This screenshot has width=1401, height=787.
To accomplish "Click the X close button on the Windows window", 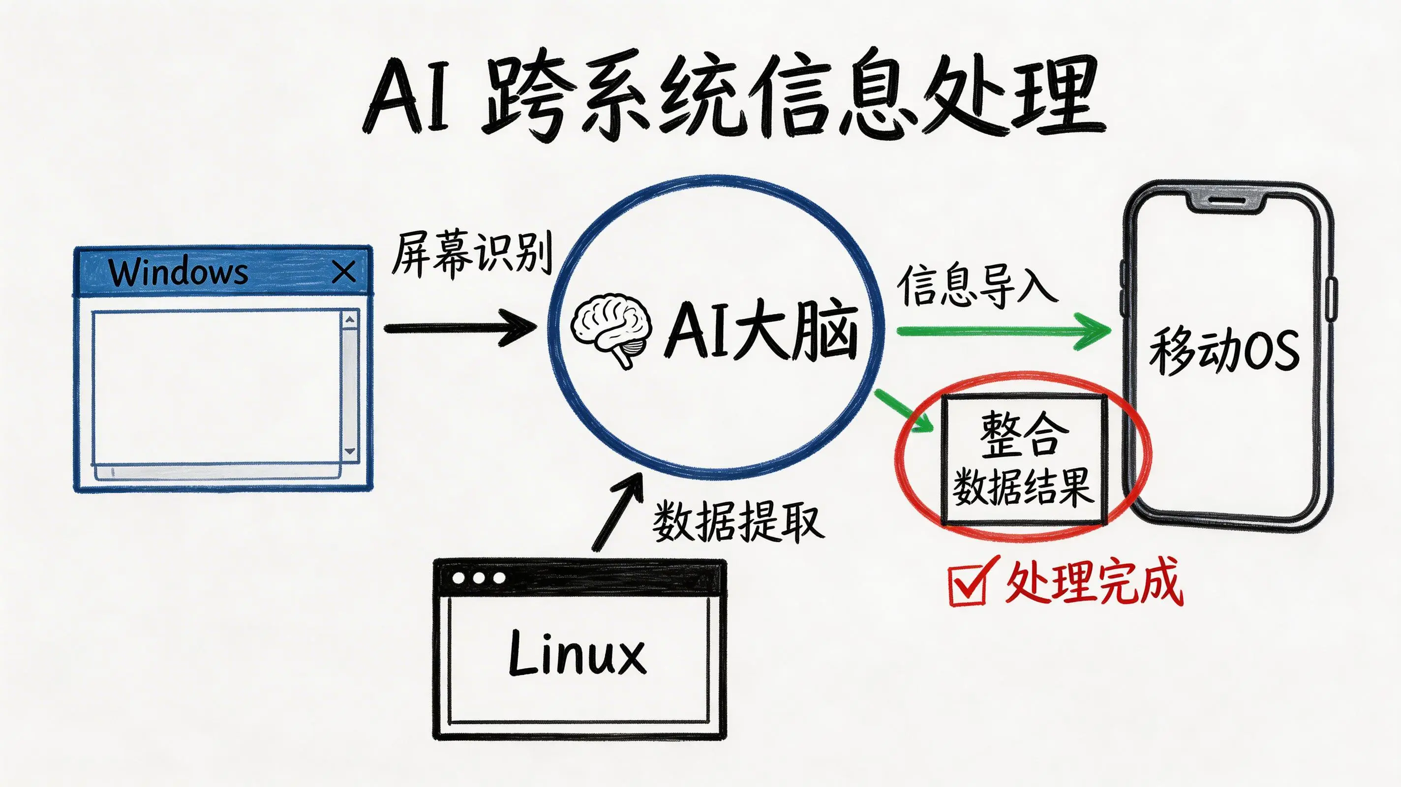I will pyautogui.click(x=344, y=272).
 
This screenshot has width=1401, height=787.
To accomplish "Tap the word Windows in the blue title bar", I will pyautogui.click(x=179, y=272).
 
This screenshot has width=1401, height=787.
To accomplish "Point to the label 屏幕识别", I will pyautogui.click(x=472, y=253).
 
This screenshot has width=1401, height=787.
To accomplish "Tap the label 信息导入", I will pyautogui.click(x=977, y=286).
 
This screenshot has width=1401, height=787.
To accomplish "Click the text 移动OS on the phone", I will pyautogui.click(x=1224, y=351).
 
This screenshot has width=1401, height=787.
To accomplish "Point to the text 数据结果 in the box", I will pyautogui.click(x=1023, y=487).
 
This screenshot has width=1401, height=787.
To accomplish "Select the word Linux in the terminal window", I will pyautogui.click(x=578, y=653).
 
